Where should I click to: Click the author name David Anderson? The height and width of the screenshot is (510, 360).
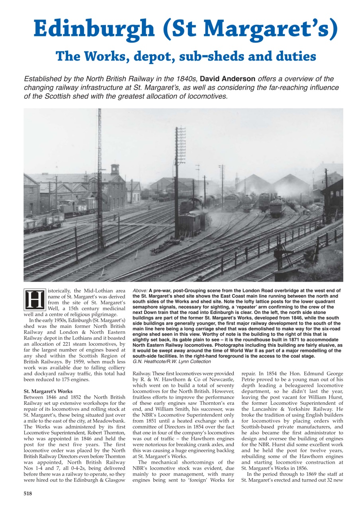(230, 79)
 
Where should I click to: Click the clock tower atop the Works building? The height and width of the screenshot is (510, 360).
(115, 168)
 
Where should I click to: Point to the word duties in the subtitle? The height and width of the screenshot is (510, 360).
(292, 57)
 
